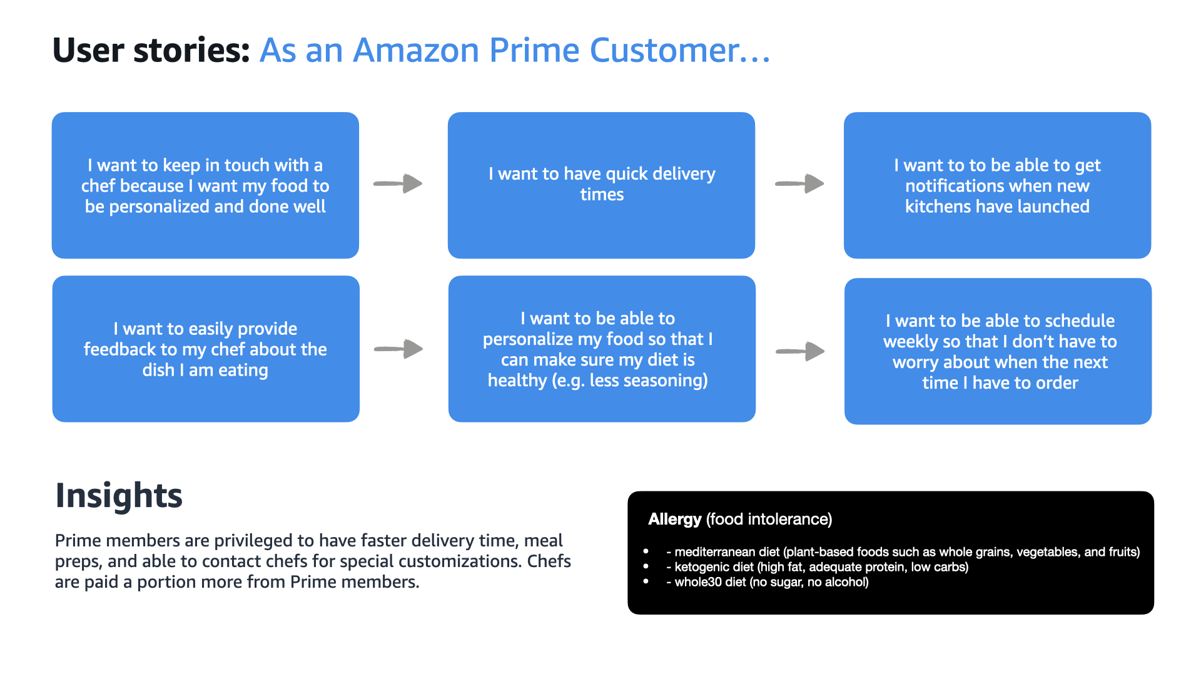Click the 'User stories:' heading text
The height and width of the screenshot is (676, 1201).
[x=151, y=50]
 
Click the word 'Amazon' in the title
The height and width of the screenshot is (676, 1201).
[x=416, y=50]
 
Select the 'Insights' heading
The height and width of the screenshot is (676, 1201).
[x=119, y=496]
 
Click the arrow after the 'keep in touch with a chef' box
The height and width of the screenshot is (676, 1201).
[x=398, y=183]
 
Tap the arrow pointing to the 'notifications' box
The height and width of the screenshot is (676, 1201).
[x=799, y=183]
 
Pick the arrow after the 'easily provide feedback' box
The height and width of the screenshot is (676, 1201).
[x=398, y=349]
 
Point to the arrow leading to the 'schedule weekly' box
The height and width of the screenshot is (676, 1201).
[x=800, y=351]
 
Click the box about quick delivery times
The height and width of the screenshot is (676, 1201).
[x=601, y=185]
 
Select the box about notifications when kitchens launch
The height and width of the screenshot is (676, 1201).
[x=997, y=185]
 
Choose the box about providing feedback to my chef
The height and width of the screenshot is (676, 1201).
[x=206, y=349]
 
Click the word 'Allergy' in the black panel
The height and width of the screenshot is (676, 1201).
[x=674, y=520]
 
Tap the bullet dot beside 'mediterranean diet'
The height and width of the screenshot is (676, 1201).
[x=646, y=551]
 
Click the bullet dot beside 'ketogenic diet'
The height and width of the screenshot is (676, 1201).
[x=646, y=566]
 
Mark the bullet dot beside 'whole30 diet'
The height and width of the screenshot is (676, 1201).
[x=646, y=581]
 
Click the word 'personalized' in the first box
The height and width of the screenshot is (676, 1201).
[x=159, y=207]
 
